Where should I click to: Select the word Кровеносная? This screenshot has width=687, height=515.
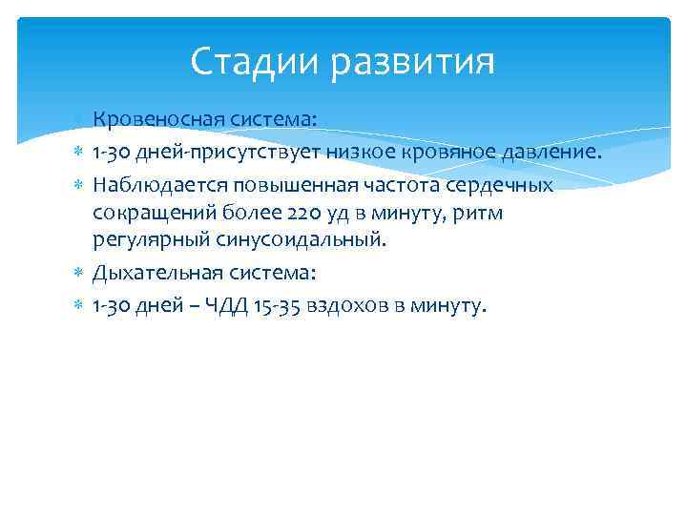coord(158,119)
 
